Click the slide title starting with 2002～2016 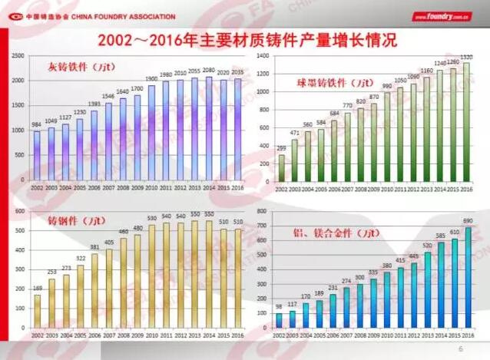[245, 38]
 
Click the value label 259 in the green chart [281, 148]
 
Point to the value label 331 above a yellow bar [94, 248]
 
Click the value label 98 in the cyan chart [279, 307]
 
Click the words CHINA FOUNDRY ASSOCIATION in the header [123, 16]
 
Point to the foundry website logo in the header [441, 16]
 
